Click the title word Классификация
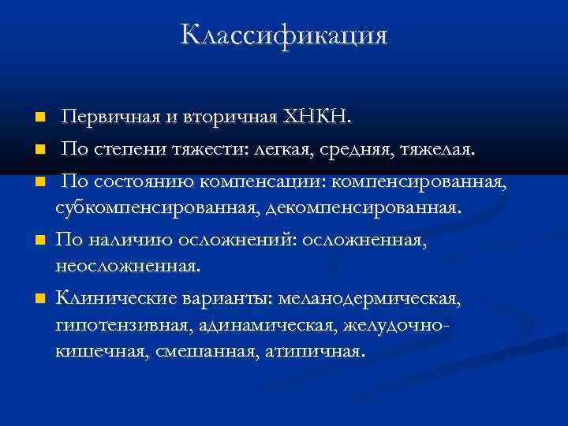coord(284,35)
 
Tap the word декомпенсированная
coord(363,208)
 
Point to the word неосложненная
coord(128,267)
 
